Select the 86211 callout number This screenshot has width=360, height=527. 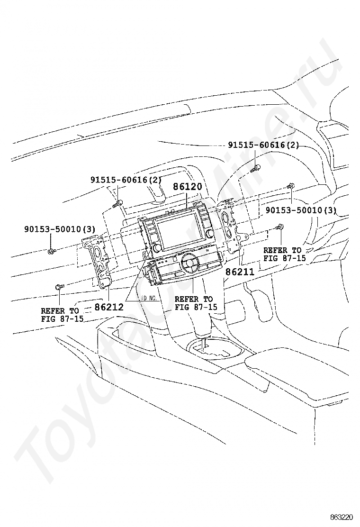pos(240,273)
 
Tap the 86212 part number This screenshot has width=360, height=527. pos(109,307)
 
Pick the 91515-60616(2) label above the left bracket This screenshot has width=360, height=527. pos(126,180)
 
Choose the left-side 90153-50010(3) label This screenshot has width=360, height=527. pos(60,229)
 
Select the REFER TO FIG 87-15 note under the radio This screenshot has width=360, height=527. pos(195,303)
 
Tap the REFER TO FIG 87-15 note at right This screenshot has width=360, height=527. pos(284,254)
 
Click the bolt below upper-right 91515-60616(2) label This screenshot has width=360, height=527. pos(256,167)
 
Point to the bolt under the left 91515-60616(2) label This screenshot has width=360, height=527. pos(118,204)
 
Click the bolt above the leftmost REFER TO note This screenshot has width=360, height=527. pos(59,287)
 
